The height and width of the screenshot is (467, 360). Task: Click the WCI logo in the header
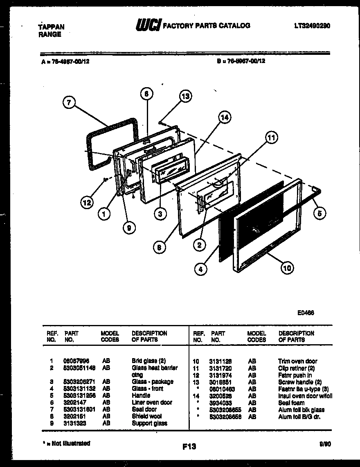point(148,25)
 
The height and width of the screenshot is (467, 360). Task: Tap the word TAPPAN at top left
point(51,27)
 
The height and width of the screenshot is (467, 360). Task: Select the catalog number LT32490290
point(312,25)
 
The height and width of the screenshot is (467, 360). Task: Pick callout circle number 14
point(224,118)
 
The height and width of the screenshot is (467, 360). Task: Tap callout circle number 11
point(270,138)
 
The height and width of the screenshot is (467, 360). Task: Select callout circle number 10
point(287,268)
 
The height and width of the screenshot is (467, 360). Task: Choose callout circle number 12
point(87,202)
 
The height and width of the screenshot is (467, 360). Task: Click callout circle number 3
point(161,214)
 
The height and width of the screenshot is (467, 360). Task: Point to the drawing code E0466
point(306,312)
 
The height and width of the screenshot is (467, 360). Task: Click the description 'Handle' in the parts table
point(141,396)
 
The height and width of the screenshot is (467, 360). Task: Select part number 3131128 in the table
point(220,361)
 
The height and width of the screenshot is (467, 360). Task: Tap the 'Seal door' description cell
point(144,409)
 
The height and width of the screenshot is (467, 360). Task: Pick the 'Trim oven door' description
point(297,361)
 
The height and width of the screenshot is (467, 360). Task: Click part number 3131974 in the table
point(220,375)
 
